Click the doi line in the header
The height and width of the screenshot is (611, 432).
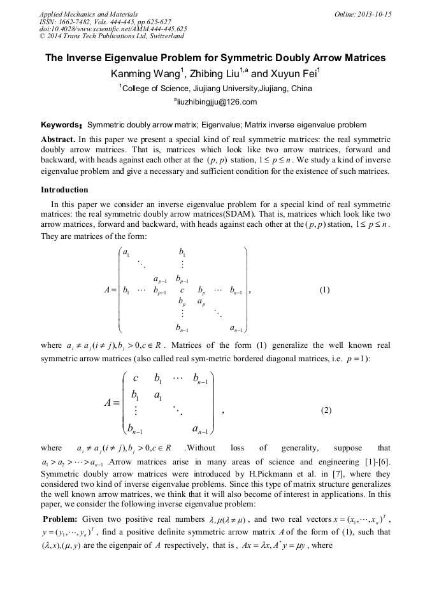coord(113,29)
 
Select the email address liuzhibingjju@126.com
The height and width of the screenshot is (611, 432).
coord(216,102)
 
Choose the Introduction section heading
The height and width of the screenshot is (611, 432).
coord(64,189)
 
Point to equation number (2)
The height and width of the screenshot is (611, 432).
coord(325,410)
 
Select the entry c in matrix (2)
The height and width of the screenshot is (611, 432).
coord(135,378)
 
